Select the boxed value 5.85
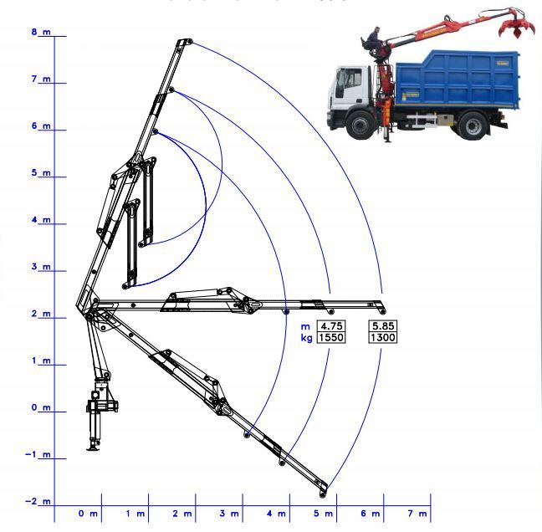click(382, 326)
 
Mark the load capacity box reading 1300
click(382, 338)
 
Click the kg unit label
click(306, 338)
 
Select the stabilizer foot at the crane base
click(94, 448)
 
